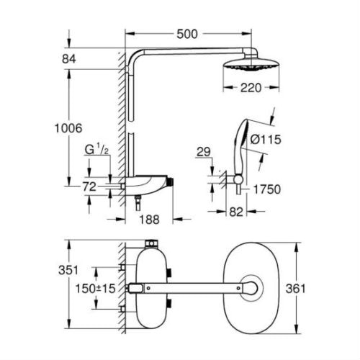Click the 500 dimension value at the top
[x=187, y=34]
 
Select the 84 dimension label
[x=69, y=59]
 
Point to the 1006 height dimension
[x=68, y=128]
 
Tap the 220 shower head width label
[x=251, y=88]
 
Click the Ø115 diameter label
[x=266, y=140]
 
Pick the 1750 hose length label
[x=267, y=189]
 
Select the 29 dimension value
[x=204, y=152]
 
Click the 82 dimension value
[x=236, y=212]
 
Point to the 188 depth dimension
[x=149, y=220]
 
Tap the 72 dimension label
[x=89, y=186]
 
